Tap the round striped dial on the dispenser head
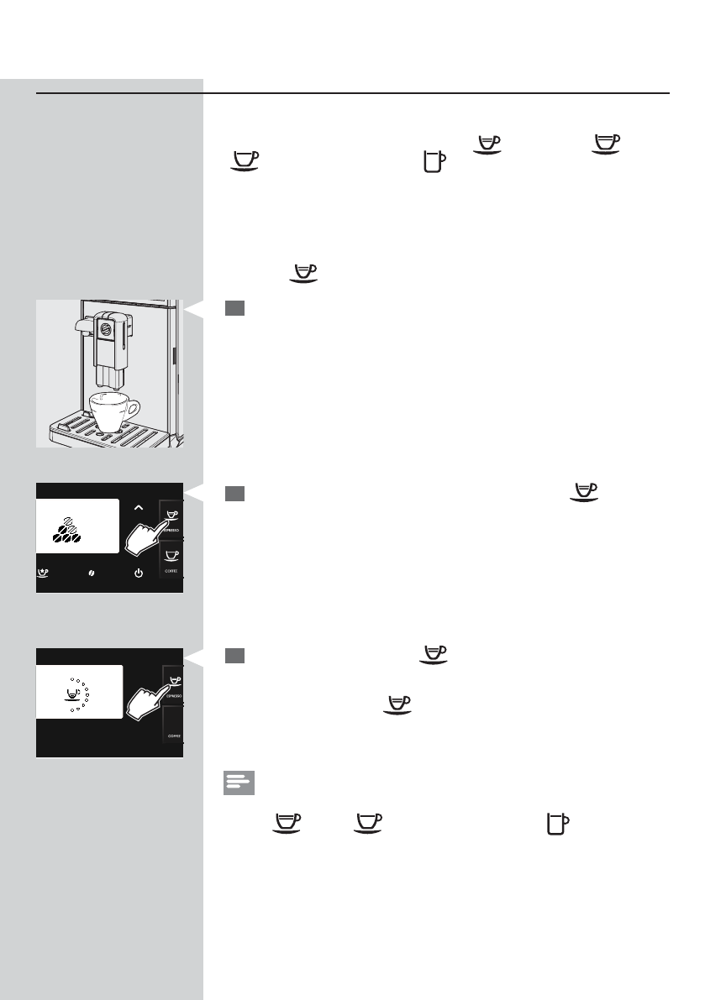(106, 328)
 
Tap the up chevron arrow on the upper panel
(139, 506)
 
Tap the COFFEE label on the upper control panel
(171, 571)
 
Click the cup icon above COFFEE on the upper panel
(171, 556)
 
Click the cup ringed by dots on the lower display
(73, 695)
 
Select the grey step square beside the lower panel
(234, 656)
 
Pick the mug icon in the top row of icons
(433, 161)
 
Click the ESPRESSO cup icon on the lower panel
(171, 680)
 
